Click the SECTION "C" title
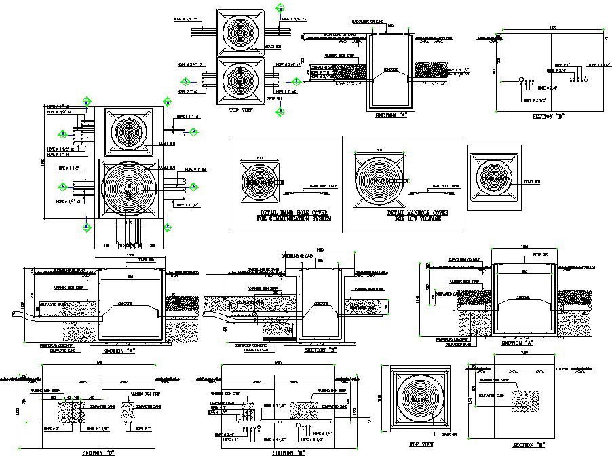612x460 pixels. (x=97, y=453)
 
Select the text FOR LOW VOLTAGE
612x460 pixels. (x=404, y=219)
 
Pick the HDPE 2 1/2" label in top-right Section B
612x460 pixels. (x=536, y=100)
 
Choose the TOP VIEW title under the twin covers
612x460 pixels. (x=240, y=109)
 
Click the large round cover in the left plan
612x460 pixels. (x=129, y=188)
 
